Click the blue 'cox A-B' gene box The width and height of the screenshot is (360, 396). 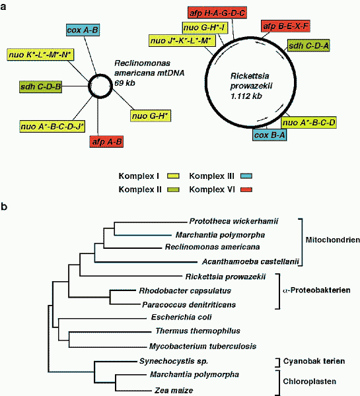(83, 30)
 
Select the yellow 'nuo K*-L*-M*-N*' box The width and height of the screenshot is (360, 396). (40, 55)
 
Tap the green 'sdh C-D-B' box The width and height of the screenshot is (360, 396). (41, 87)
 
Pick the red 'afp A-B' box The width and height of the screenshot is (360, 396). (107, 142)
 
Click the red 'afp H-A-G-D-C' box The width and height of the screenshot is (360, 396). (217, 13)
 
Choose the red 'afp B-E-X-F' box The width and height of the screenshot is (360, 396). (285, 26)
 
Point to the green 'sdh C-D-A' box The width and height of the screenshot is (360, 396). (308, 46)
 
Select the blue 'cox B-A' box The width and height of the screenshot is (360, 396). (270, 135)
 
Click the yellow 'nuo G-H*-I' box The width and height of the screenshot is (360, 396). (205, 28)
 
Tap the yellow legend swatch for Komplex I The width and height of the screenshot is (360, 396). (174, 176)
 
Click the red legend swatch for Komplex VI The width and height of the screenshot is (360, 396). (246, 189)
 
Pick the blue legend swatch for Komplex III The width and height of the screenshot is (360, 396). (246, 176)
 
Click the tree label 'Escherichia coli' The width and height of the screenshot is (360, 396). (181, 317)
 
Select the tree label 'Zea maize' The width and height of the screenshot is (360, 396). (174, 391)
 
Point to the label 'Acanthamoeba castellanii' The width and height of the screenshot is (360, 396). (250, 261)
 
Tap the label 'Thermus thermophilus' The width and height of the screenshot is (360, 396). (198, 331)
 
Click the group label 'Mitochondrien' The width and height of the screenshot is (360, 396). (333, 240)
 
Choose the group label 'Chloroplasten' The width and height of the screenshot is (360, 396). (309, 381)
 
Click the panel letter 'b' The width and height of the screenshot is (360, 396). (4, 207)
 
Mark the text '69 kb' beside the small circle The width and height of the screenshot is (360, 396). (125, 83)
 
